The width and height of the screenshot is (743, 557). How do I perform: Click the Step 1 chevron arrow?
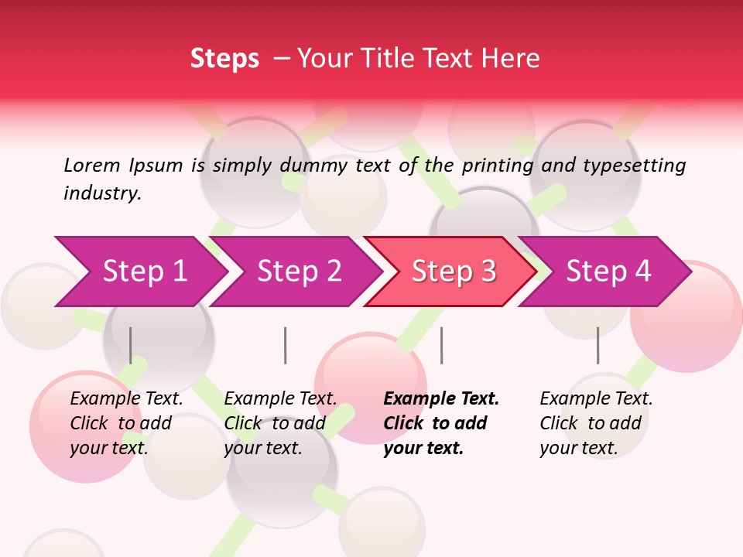[143, 272]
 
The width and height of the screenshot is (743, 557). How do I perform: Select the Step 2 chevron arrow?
[298, 272]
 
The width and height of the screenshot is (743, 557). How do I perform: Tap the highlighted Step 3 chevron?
[453, 272]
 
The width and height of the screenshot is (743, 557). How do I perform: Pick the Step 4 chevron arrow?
[608, 272]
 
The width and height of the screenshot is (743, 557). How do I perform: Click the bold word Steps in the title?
[224, 59]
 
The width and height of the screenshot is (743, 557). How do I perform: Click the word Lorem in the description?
[91, 165]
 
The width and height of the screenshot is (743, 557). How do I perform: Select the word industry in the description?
[101, 193]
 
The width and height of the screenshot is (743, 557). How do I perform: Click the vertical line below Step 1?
[131, 345]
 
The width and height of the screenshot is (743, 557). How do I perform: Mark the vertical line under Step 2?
[286, 345]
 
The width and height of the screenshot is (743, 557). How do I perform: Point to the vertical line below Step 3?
[441, 345]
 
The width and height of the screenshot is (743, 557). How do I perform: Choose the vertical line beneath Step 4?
[597, 345]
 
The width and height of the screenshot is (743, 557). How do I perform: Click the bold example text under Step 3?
[440, 423]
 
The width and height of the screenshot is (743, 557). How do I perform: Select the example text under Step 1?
[126, 423]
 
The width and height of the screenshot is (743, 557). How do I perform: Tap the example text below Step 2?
[280, 423]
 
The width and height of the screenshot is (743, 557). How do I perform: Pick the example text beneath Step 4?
[596, 423]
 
